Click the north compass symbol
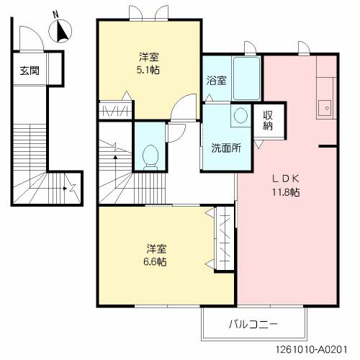[x=61, y=32]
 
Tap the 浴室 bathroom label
[x=216, y=80]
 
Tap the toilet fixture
[x=150, y=155]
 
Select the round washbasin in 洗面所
[x=240, y=115]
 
